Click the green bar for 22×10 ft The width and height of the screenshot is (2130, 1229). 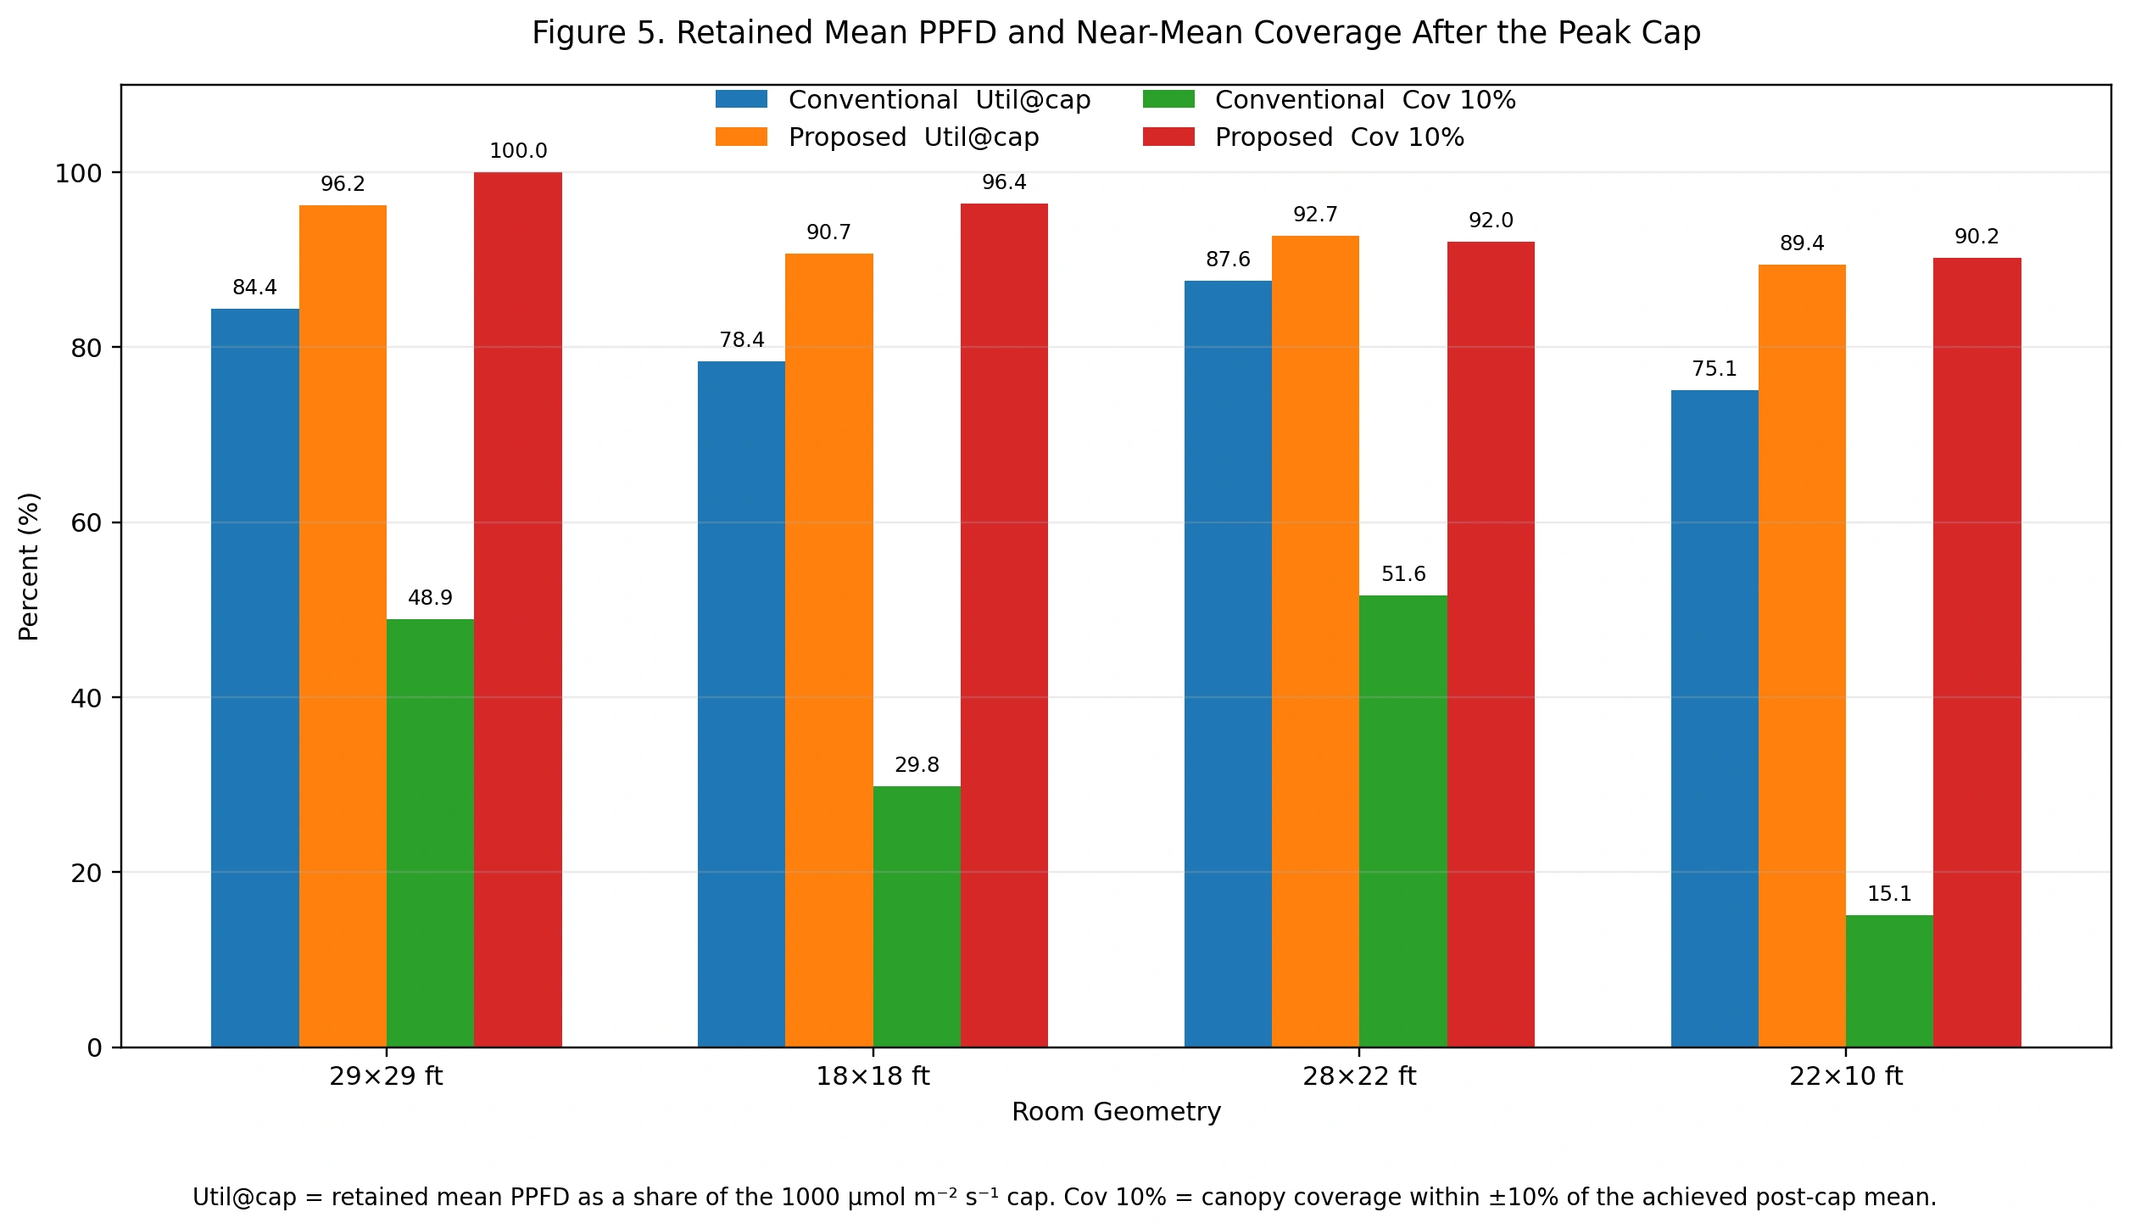pyautogui.click(x=1889, y=981)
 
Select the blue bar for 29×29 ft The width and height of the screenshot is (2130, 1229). pyautogui.click(x=254, y=678)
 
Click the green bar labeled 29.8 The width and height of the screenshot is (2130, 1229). pyautogui.click(x=917, y=916)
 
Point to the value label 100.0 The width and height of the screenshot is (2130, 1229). pyautogui.click(x=518, y=151)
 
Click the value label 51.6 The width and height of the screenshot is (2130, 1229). pyautogui.click(x=1403, y=574)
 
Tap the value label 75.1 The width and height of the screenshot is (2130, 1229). pyautogui.click(x=1715, y=369)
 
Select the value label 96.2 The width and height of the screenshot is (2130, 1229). pyautogui.click(x=343, y=184)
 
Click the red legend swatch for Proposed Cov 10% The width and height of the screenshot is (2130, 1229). pyautogui.click(x=1168, y=137)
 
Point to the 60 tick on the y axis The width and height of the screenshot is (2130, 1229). pyautogui.click(x=86, y=523)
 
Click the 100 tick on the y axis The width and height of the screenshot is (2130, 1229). pyautogui.click(x=78, y=174)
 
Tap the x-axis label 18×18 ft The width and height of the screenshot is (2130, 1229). pyautogui.click(x=873, y=1076)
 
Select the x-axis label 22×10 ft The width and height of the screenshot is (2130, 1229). pyautogui.click(x=1846, y=1076)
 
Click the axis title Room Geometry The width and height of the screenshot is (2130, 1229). pyautogui.click(x=1116, y=1112)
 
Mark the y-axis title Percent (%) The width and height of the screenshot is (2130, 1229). pyautogui.click(x=29, y=567)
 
